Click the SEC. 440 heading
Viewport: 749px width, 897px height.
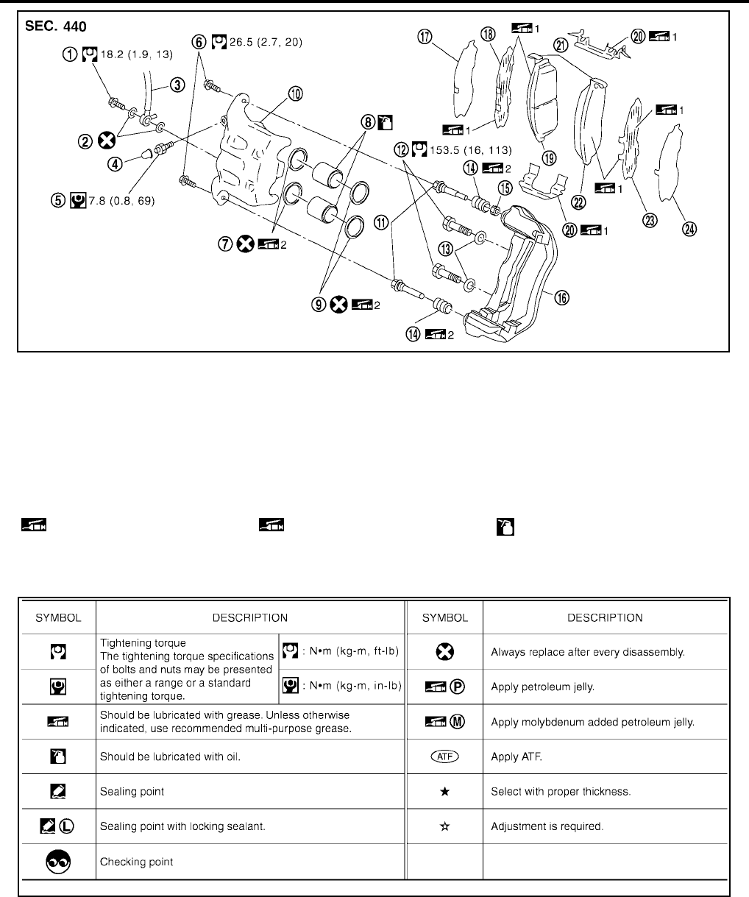56,26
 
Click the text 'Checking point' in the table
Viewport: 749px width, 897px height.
137,862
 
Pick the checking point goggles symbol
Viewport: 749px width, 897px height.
59,861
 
